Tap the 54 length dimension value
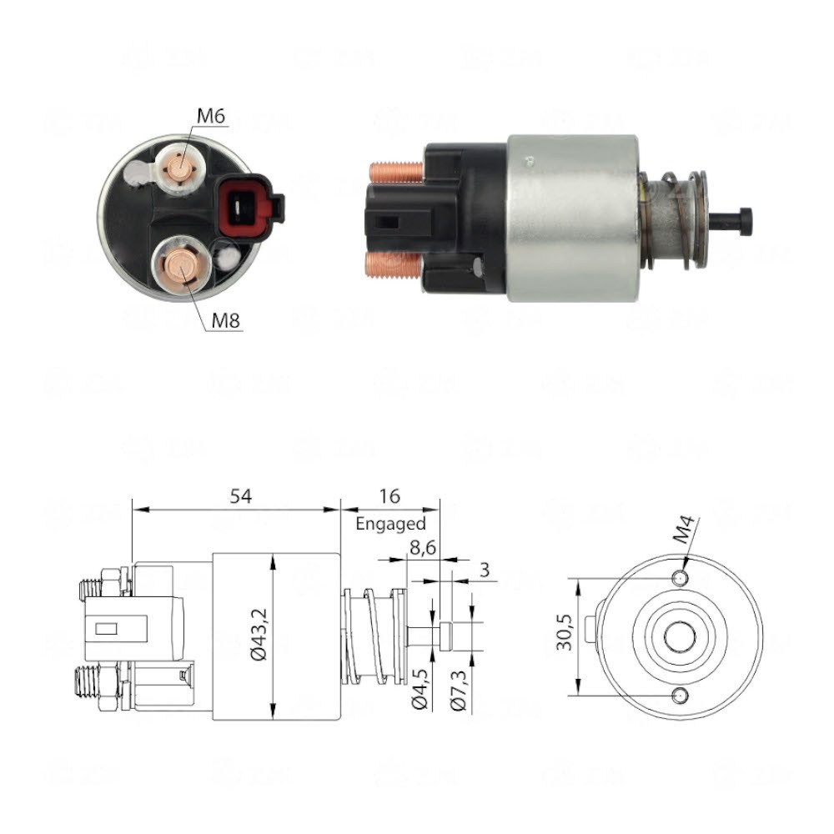(241, 495)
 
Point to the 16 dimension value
(389, 495)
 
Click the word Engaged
(390, 524)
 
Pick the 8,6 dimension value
(422, 547)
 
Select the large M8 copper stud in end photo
(182, 266)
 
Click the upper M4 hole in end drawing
(681, 579)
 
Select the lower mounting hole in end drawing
(681, 694)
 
